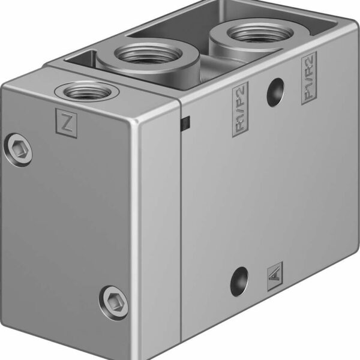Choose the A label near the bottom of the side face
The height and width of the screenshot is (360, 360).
[x=275, y=275]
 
